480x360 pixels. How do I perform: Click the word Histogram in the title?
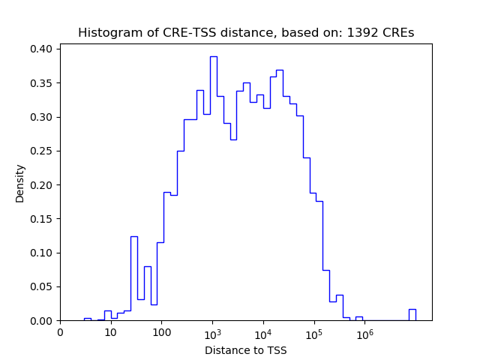coord(106,33)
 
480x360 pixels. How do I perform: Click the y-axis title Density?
coord(20,183)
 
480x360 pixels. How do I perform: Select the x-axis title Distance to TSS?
coord(245,349)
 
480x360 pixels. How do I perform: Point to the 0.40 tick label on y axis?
coord(40,49)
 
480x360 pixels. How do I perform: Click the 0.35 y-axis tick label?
coord(40,82)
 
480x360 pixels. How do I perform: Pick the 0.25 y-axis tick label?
coord(40,151)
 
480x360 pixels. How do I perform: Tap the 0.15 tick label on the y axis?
coord(40,219)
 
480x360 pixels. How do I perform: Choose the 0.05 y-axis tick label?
coord(40,286)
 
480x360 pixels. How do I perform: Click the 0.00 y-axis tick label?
coord(40,321)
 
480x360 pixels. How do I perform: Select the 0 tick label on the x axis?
coord(60,332)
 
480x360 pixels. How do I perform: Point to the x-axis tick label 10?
coord(110,332)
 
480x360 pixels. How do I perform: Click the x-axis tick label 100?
coord(161,332)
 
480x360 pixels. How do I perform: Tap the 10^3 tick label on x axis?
coord(212,331)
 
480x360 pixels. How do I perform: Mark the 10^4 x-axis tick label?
coord(263,331)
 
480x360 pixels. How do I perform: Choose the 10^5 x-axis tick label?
coord(313,331)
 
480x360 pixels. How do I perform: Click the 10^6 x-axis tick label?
coord(364,331)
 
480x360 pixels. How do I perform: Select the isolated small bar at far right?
coord(412,314)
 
